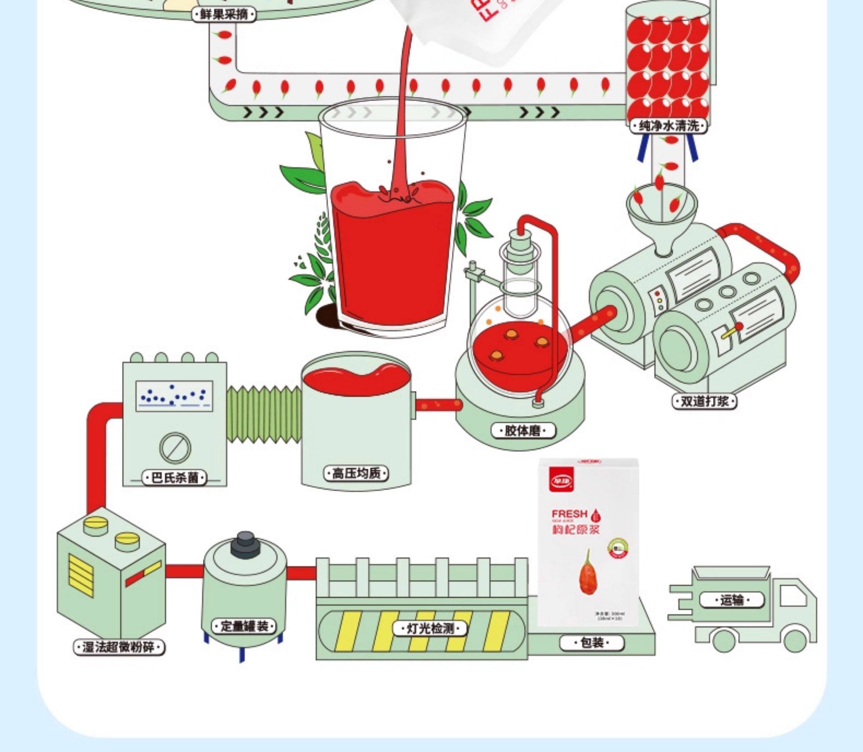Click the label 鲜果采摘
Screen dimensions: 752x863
pyautogui.click(x=223, y=15)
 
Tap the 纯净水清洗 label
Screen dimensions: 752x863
pyautogui.click(x=669, y=126)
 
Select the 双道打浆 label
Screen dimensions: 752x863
pyautogui.click(x=704, y=401)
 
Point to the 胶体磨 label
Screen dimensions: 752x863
pyautogui.click(x=523, y=431)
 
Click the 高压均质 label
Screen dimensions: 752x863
pyautogui.click(x=356, y=474)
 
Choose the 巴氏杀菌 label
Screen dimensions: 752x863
pyautogui.click(x=174, y=478)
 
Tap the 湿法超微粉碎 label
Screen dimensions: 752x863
pyautogui.click(x=119, y=647)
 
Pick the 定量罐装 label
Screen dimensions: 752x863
pyautogui.click(x=244, y=627)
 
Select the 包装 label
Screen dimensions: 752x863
pyautogui.click(x=592, y=642)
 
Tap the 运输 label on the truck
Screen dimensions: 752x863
pyautogui.click(x=732, y=601)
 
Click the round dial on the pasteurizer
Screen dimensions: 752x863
pyautogui.click(x=175, y=448)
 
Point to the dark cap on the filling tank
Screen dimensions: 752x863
pyautogui.click(x=245, y=545)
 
